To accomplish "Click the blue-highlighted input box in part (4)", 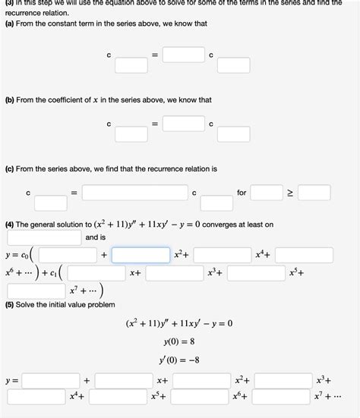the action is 141,255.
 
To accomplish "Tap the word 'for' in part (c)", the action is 242,193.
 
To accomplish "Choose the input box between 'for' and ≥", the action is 267,193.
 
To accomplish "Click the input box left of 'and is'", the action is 44,237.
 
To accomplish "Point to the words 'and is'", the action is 96,237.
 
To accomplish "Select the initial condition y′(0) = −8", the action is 178,360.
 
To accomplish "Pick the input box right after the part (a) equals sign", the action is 183,55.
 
